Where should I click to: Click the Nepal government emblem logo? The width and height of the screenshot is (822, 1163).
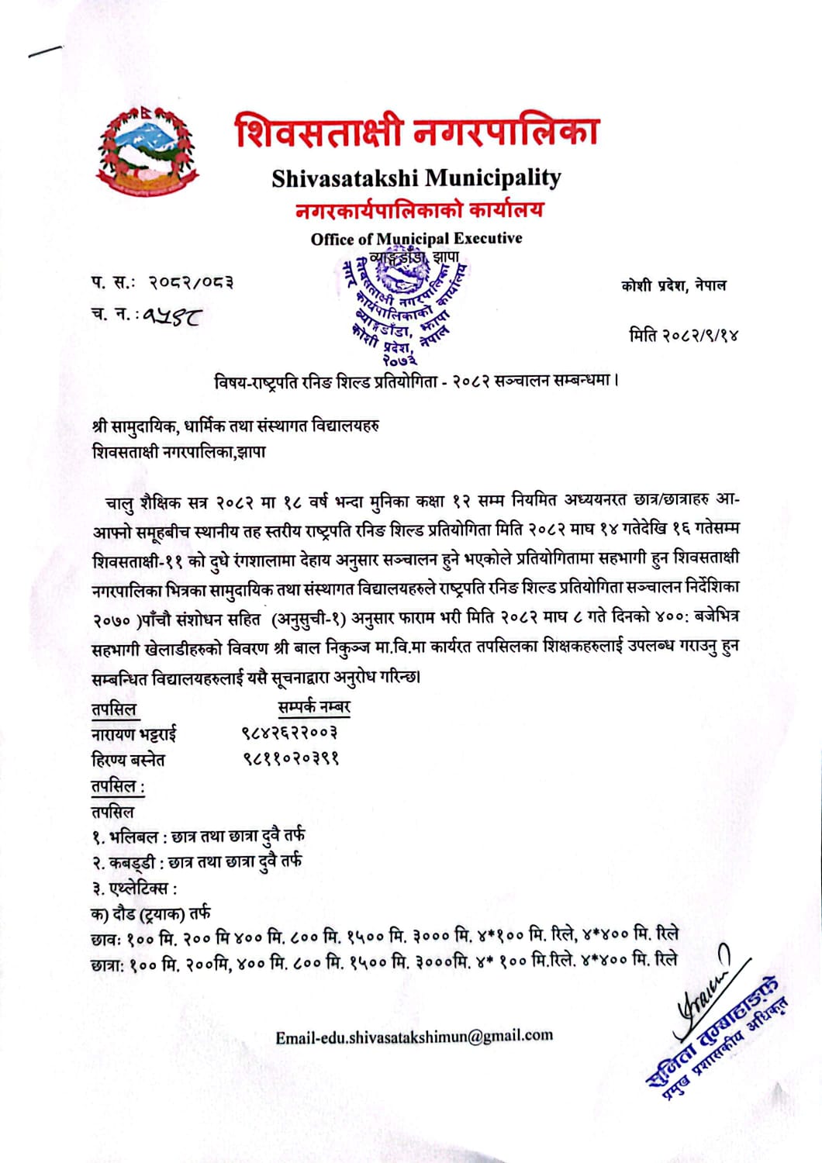tap(148, 150)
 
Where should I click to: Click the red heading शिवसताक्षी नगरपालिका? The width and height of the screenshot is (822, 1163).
tap(417, 131)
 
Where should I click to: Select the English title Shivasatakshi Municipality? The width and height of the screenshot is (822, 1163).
tap(416, 178)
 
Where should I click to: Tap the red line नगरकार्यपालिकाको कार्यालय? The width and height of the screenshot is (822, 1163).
tap(419, 209)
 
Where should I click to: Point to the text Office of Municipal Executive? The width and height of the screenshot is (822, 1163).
tap(416, 238)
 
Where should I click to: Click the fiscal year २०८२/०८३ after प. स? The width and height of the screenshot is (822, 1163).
tap(192, 282)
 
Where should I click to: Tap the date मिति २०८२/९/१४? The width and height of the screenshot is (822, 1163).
tap(683, 335)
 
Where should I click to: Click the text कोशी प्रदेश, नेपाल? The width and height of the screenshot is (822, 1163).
tap(673, 285)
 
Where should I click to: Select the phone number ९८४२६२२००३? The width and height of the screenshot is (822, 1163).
tap(288, 733)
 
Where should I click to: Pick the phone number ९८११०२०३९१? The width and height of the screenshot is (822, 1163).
tap(289, 758)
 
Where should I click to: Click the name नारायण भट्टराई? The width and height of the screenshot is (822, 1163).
tap(134, 733)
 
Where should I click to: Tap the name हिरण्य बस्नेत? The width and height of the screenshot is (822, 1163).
tap(128, 759)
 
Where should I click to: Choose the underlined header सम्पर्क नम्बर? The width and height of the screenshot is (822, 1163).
tap(314, 707)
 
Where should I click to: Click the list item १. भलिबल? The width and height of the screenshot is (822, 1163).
tap(197, 836)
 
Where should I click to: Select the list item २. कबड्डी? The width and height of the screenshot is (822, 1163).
tap(196, 861)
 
